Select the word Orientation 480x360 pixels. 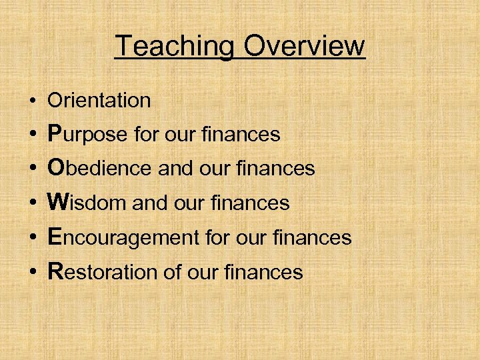(99, 101)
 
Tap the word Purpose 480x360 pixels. (87, 135)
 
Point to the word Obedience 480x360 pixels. (100, 169)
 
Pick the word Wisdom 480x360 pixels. (87, 203)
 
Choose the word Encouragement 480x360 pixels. (124, 238)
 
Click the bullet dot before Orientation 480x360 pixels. (32, 102)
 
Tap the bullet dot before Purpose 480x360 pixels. (32, 136)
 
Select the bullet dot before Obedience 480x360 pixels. (32, 170)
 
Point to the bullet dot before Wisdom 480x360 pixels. (32, 204)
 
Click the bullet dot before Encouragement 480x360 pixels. (32, 238)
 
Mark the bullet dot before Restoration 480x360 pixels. (32, 272)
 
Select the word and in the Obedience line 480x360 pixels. (174, 169)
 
